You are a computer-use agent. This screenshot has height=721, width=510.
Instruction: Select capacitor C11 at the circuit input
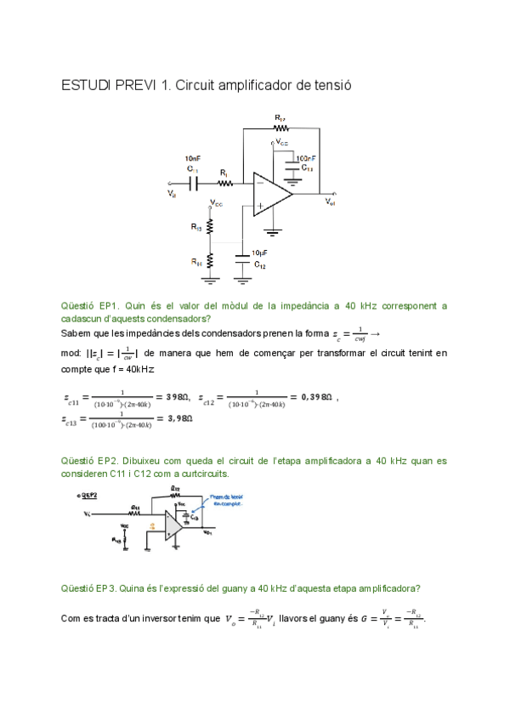coord(194,181)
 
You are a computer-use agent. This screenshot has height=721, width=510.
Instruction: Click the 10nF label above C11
coord(193,158)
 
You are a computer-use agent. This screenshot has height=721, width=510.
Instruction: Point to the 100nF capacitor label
coord(306,158)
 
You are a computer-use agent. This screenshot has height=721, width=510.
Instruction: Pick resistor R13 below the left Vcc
coord(209,227)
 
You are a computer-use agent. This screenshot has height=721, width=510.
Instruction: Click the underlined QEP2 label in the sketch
coord(87,494)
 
